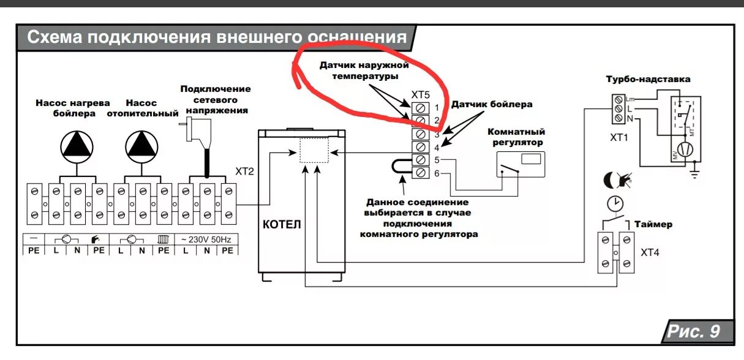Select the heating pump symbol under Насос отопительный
tap(141, 146)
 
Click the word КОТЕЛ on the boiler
tap(282, 224)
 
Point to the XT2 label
tap(245, 173)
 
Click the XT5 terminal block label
tap(421, 95)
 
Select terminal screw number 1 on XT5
tap(421, 108)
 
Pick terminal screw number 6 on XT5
tap(421, 173)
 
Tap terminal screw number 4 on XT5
tap(421, 147)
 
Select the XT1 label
tap(619, 138)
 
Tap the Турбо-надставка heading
tap(648, 80)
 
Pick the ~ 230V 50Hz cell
tap(207, 239)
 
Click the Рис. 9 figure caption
tap(693, 332)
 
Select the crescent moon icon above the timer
tap(609, 179)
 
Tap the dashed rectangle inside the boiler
tap(314, 150)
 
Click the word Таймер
tap(653, 224)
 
